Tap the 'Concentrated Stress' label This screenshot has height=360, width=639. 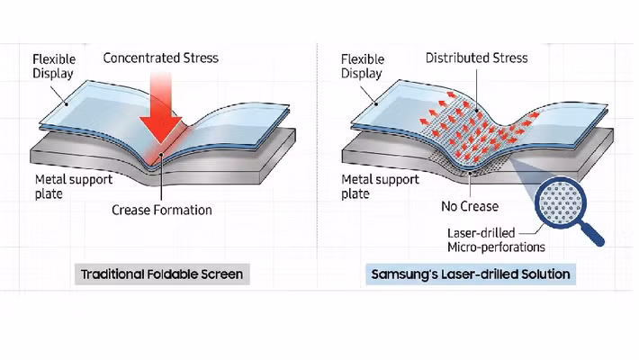tap(160, 58)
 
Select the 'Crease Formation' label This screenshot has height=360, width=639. tap(162, 211)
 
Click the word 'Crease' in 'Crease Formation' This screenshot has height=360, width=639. tap(132, 211)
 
